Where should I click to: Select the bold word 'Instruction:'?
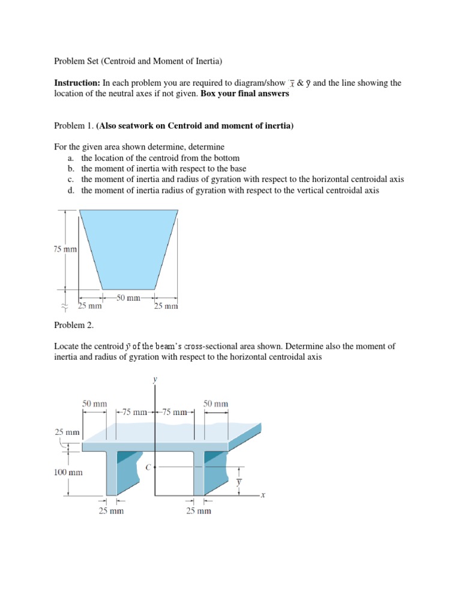click(x=77, y=83)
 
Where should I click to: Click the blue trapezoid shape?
click(x=129, y=246)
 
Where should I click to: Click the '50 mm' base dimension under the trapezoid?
click(x=128, y=297)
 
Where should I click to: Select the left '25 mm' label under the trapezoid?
click(x=91, y=306)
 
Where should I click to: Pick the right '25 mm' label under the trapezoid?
click(x=166, y=306)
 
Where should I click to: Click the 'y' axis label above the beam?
click(x=155, y=380)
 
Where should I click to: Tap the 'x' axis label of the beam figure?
click(x=263, y=495)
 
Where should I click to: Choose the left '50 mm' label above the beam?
click(x=95, y=404)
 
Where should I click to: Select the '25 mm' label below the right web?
click(x=199, y=511)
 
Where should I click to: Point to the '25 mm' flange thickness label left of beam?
click(x=67, y=432)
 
